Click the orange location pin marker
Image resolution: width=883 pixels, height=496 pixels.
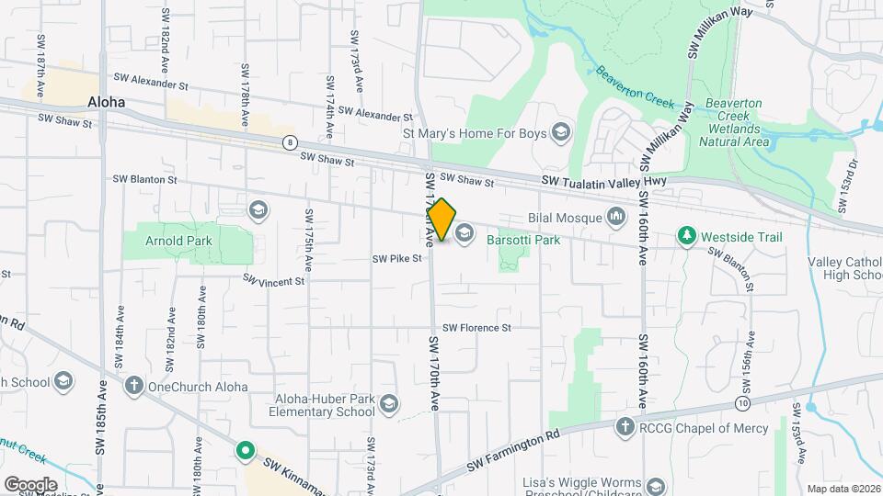442,220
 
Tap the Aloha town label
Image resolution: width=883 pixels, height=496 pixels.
106,102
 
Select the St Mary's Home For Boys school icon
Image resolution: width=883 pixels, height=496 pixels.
560,133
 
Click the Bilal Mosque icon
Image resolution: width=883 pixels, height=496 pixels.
615,218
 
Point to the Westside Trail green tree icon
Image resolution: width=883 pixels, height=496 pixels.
686,237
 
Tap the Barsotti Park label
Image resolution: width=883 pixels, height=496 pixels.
525,240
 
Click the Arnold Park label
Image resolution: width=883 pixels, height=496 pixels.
178,242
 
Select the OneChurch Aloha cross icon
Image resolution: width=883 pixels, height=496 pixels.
134,386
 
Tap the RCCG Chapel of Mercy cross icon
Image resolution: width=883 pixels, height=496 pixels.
625,425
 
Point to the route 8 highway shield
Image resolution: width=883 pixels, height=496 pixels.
290,141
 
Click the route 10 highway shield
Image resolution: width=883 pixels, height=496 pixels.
742,403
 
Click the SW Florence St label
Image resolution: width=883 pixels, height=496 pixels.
476,328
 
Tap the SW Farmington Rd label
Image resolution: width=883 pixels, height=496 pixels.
513,450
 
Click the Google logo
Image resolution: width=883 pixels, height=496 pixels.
30,484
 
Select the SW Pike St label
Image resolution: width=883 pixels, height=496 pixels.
396,259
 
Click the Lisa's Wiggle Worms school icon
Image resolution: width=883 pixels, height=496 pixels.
656,484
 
